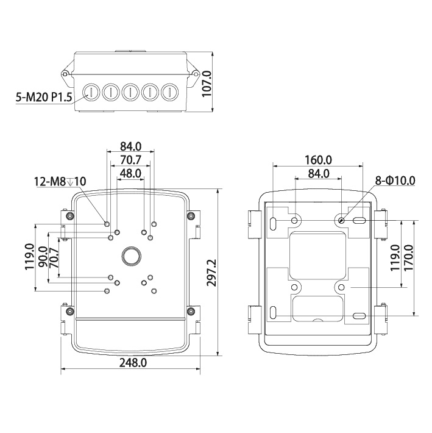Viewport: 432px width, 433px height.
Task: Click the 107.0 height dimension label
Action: pyautogui.click(x=207, y=84)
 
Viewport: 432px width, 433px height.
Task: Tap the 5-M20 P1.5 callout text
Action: pyautogui.click(x=44, y=97)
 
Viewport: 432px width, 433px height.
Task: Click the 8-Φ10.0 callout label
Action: pyautogui.click(x=395, y=181)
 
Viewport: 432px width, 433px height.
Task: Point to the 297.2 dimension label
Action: pyautogui.click(x=212, y=273)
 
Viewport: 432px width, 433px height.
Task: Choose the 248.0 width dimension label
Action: pyautogui.click(x=133, y=363)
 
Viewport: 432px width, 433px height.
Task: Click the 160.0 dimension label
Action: pyautogui.click(x=318, y=160)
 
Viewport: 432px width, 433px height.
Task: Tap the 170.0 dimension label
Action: pyautogui.click(x=409, y=257)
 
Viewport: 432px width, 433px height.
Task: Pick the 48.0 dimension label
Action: pyautogui.click(x=131, y=173)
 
